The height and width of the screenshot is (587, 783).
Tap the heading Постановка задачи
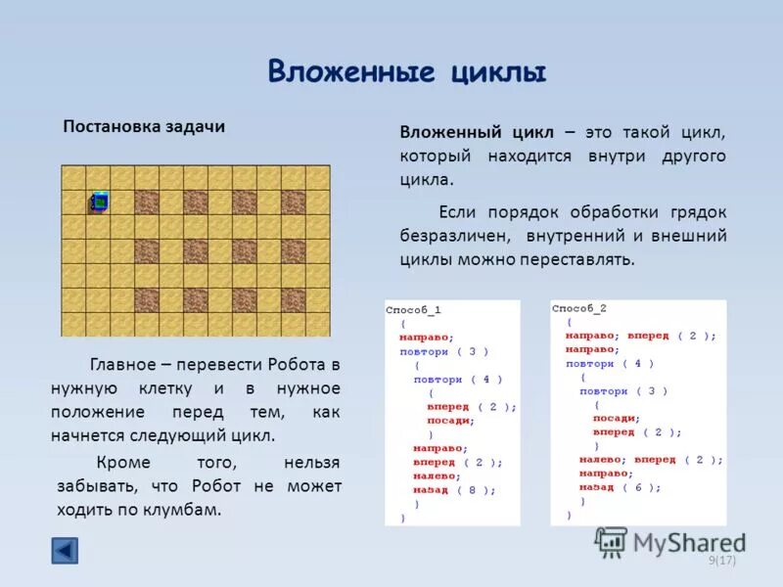144,127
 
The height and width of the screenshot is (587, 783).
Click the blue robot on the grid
98,202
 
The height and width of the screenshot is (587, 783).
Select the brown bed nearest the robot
147,202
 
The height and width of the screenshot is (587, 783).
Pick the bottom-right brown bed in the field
294,299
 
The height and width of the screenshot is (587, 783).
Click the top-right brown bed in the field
294,202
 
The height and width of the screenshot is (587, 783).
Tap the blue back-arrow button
65,551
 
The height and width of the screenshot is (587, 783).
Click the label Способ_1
413,309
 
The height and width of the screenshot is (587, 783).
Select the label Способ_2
579,307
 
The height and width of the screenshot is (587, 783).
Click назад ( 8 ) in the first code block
454,490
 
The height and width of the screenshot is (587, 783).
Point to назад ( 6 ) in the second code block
620,486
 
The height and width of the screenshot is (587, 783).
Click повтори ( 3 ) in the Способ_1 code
443,350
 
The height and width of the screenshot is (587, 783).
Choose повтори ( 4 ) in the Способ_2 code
609,363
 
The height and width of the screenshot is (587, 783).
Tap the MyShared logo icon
611,541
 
